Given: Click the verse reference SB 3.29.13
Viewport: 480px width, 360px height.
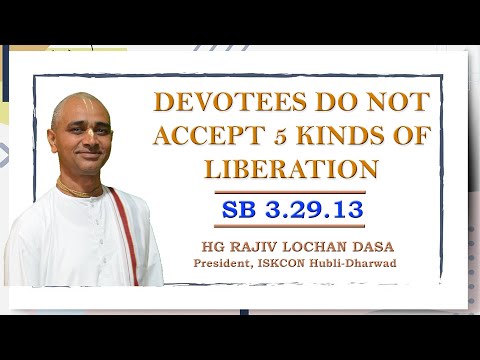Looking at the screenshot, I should pyautogui.click(x=289, y=210).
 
